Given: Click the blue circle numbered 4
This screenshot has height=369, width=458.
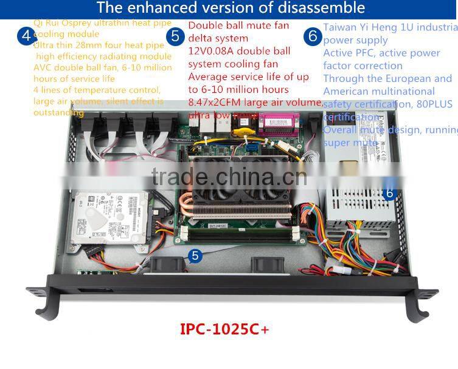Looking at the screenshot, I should [x=26, y=35].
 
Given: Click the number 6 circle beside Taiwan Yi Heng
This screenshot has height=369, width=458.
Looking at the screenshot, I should [x=313, y=36].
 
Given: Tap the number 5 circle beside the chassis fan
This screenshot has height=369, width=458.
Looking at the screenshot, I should [x=195, y=256].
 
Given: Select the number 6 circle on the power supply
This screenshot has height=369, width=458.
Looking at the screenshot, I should [x=390, y=194].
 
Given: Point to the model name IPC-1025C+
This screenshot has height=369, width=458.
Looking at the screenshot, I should [x=224, y=329].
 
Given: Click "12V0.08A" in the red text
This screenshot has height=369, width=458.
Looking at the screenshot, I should [x=213, y=52].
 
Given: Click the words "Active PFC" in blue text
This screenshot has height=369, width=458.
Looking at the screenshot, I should [x=349, y=53].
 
